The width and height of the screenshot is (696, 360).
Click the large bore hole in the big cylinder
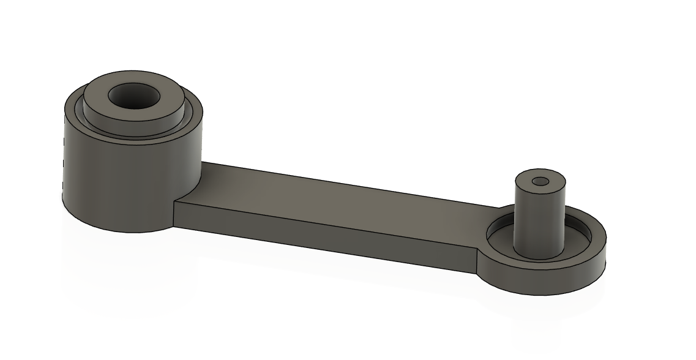pos(133,96)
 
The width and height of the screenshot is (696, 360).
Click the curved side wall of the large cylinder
pos(122,178)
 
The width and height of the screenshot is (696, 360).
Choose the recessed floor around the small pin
pos(575,242)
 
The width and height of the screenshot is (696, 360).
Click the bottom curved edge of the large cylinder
pos(122,231)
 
